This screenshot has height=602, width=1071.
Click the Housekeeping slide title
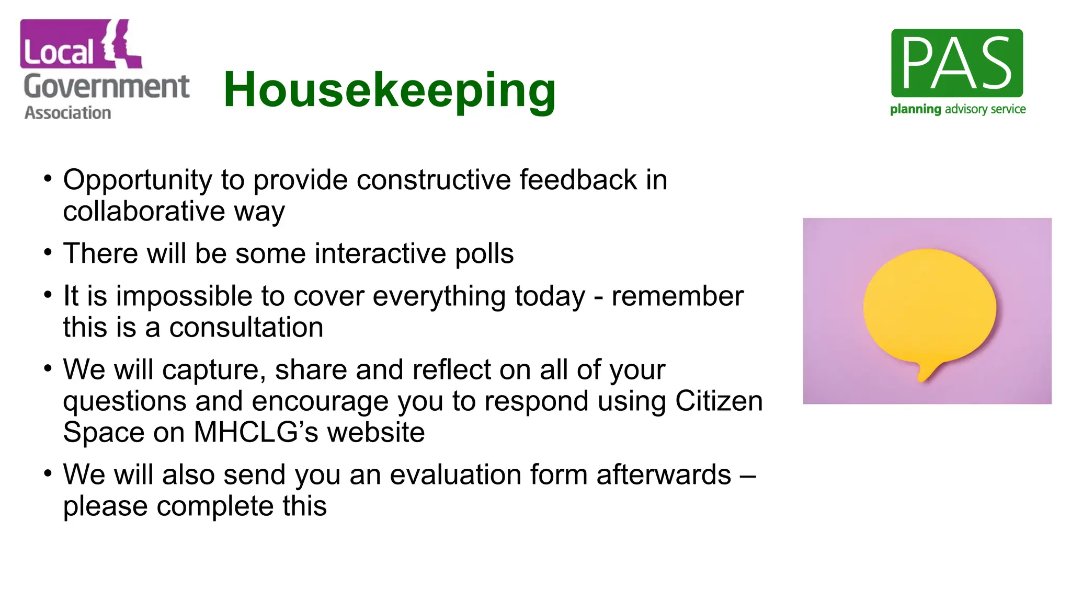click(x=390, y=90)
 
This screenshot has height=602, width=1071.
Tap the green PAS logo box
click(x=956, y=63)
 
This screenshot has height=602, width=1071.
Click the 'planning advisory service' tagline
click(x=958, y=109)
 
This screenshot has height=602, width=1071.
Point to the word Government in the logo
click(x=106, y=86)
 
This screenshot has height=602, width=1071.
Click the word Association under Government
click(x=67, y=113)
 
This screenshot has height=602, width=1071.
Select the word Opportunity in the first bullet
click(x=138, y=180)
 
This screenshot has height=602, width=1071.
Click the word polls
click(x=484, y=254)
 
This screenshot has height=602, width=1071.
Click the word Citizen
click(x=719, y=401)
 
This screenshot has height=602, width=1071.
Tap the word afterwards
click(x=663, y=475)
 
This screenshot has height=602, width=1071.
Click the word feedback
click(x=578, y=180)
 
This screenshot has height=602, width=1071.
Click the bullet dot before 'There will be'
click(x=48, y=252)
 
